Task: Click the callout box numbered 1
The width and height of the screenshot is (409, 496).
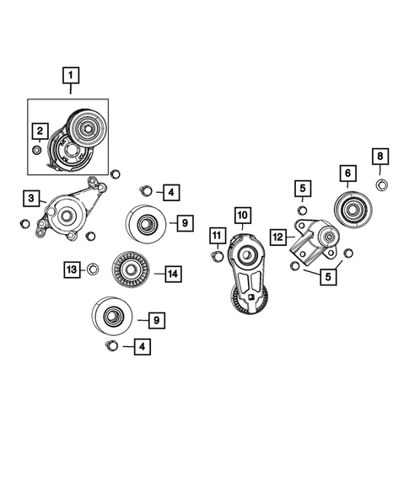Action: [70, 77]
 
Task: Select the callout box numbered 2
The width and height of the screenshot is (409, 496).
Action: [39, 131]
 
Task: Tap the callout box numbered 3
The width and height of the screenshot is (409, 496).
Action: [31, 199]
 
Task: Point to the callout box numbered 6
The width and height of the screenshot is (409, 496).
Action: [346, 173]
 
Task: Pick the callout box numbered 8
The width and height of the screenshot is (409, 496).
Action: [380, 157]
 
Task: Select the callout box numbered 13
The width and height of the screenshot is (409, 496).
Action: [73, 269]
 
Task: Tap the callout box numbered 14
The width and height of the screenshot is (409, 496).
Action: [172, 274]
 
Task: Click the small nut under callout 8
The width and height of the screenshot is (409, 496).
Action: [380, 184]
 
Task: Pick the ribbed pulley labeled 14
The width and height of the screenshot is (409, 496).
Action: [132, 271]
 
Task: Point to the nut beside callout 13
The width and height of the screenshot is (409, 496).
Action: [94, 269]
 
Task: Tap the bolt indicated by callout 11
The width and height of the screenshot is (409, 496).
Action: [217, 256]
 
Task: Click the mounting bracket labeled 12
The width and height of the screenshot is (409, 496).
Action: [315, 241]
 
